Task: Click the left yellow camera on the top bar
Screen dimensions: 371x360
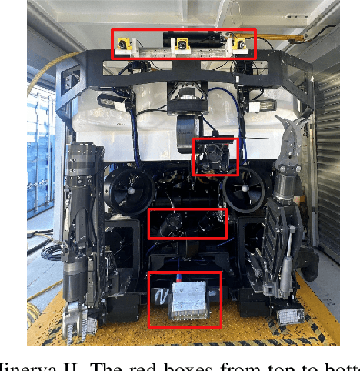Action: (x=124, y=47)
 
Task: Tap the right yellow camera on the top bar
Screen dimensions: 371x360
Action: (x=242, y=47)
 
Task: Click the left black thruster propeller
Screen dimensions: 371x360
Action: (x=128, y=186)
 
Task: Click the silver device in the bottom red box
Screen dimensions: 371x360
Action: (x=185, y=301)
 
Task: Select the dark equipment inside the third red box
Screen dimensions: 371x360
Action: (x=188, y=223)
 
